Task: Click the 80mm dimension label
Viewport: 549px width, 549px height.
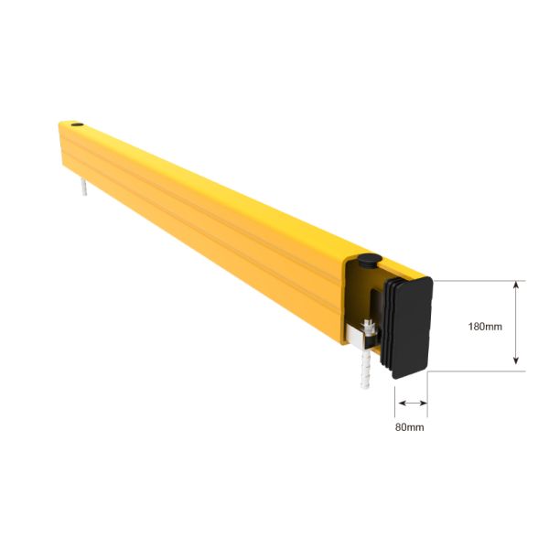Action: [x=409, y=426]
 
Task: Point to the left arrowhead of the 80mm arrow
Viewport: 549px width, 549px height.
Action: [x=398, y=402]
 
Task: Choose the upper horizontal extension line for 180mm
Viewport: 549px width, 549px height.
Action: [x=476, y=279]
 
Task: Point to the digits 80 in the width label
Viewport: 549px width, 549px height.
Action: [x=402, y=426]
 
